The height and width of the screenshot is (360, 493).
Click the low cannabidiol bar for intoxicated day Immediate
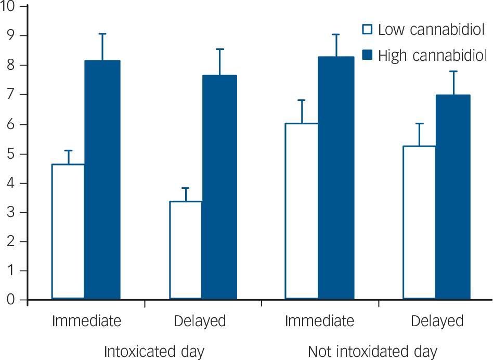(x=68, y=232)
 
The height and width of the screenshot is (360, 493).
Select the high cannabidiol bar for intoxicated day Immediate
(x=102, y=179)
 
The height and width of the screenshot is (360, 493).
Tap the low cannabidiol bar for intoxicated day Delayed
(x=186, y=250)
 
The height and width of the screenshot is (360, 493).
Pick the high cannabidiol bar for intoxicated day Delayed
(x=219, y=187)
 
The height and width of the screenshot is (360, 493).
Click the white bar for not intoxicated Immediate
(x=302, y=211)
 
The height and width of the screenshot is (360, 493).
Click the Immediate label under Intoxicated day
(x=86, y=321)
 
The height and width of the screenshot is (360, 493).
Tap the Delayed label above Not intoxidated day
(x=437, y=321)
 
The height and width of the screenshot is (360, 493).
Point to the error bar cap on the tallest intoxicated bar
(x=102, y=34)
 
